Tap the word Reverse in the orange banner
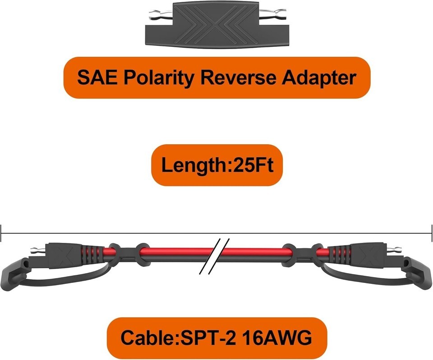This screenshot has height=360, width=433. coord(238,78)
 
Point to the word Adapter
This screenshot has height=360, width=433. coord(319,78)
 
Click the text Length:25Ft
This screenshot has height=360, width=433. coord(217,165)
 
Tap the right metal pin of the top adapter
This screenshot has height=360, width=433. coord(273,13)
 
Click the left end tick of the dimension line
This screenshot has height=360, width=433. coord(1,233)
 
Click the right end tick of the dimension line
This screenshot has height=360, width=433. coord(432,233)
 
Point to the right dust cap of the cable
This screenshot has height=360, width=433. coord(418,273)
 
